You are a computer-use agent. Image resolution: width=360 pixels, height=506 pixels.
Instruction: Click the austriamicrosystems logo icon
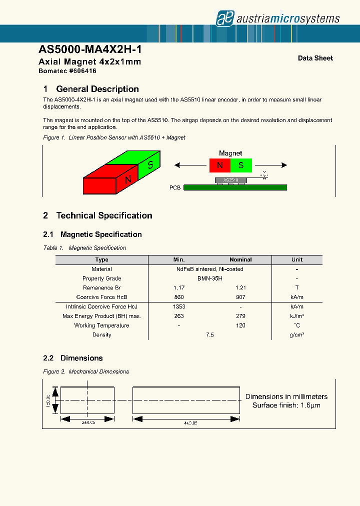(x=224, y=18)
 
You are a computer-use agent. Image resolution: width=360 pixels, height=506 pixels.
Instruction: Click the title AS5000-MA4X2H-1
(x=93, y=50)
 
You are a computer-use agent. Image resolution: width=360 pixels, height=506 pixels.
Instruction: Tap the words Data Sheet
(x=315, y=58)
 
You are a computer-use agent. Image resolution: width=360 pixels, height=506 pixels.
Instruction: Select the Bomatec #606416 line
(x=67, y=71)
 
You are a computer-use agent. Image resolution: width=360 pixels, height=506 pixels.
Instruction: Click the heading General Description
(x=97, y=89)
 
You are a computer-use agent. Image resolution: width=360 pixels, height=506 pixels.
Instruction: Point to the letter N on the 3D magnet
(x=128, y=179)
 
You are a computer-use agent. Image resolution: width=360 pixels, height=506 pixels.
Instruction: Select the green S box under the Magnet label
(x=241, y=165)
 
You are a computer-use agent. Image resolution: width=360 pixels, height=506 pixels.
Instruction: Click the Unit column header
(x=297, y=259)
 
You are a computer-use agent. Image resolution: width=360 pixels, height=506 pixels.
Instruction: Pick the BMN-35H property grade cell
(x=210, y=278)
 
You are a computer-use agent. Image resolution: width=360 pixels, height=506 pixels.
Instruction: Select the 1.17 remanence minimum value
(x=179, y=287)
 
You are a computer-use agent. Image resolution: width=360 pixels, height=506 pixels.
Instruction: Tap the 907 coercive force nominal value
(x=240, y=297)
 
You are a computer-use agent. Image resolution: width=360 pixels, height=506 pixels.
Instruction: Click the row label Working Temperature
(x=101, y=325)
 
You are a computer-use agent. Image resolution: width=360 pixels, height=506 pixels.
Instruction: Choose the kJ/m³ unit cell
(x=297, y=316)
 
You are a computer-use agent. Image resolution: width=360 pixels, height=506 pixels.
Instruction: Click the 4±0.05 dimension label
(x=189, y=422)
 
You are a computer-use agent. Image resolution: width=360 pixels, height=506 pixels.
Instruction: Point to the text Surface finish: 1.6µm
(x=286, y=405)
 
